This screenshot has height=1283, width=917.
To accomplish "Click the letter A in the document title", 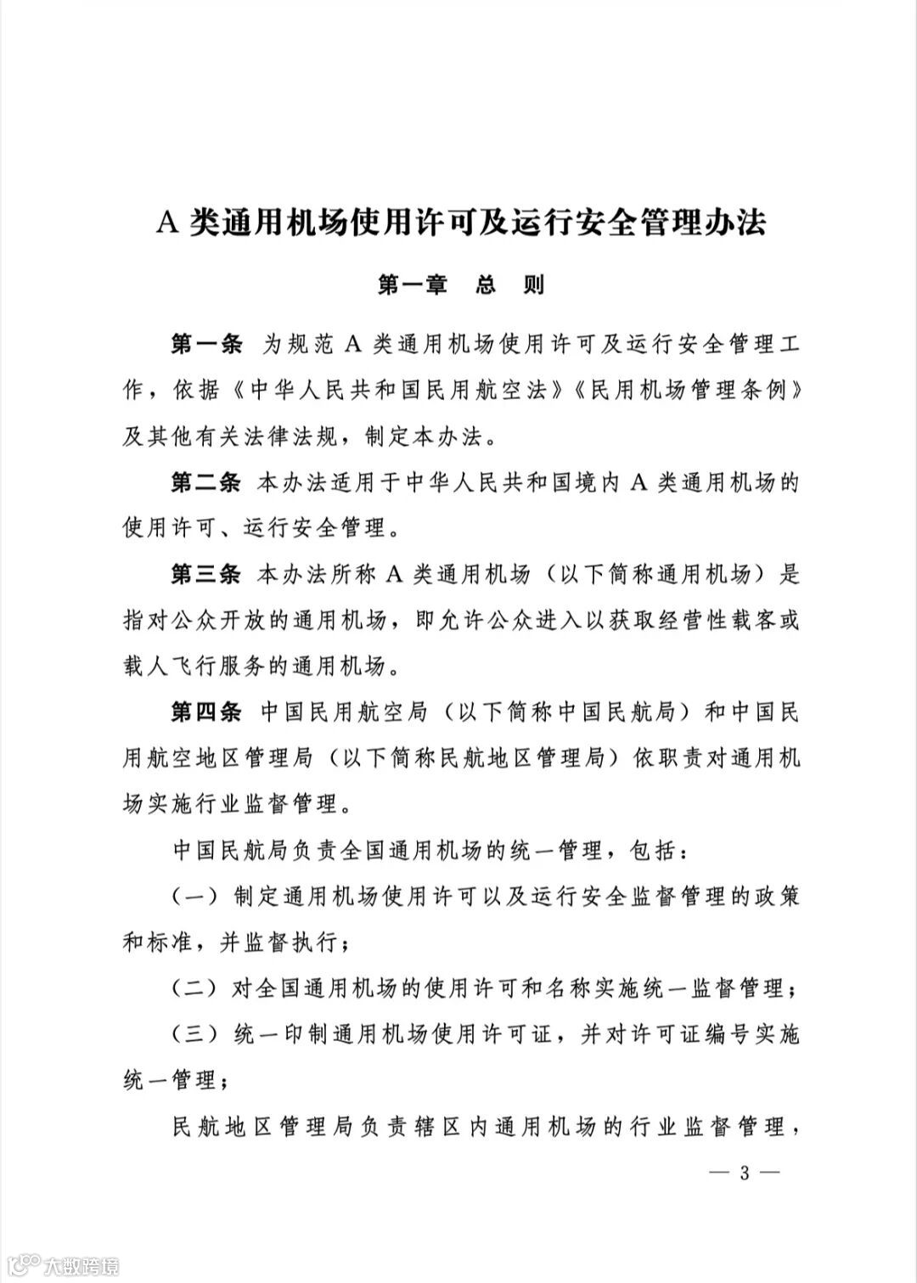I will pos(166,222).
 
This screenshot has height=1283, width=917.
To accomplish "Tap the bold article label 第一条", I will pos(207,346).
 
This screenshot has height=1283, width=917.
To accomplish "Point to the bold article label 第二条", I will pos(207,483).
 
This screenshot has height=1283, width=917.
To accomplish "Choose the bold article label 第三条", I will pos(207,575).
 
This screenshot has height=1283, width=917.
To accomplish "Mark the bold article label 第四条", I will pos(207,712).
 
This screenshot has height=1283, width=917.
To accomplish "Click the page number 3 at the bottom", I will pos(745,1174).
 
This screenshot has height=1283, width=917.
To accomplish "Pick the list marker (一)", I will pos(198,896).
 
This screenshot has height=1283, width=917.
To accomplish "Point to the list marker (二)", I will pos(198,988).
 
